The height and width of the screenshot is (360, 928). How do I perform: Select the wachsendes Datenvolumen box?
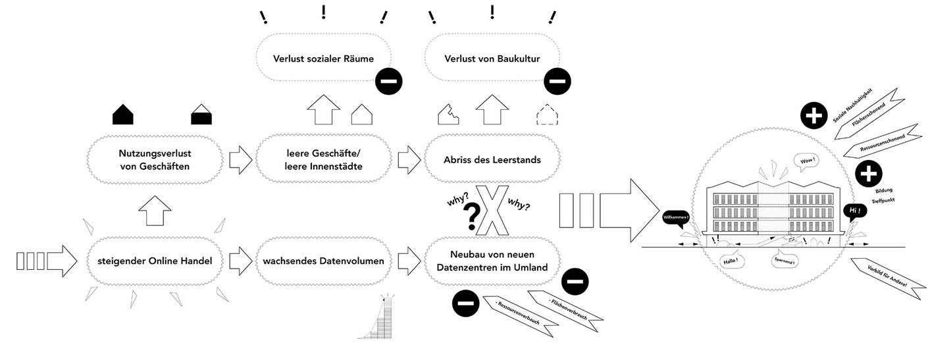click(323, 261)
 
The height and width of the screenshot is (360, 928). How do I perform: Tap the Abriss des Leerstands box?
click(492, 159)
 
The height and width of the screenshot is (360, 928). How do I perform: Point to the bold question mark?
click(471, 217)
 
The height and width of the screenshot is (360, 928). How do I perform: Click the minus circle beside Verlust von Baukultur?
click(557, 82)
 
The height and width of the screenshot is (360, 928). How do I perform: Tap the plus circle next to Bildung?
click(869, 174)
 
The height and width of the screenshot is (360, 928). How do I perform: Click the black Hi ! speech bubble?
click(854, 211)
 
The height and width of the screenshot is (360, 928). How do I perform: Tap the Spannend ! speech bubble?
click(785, 261)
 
